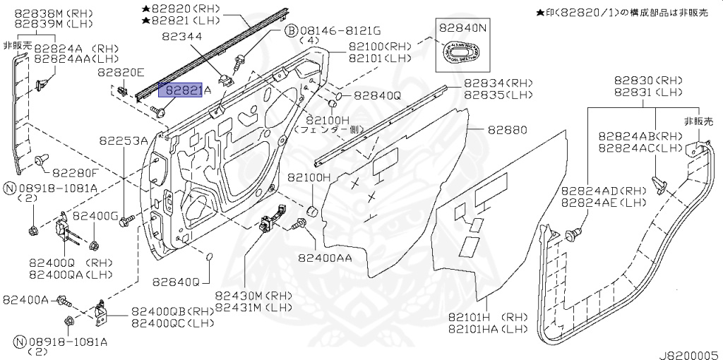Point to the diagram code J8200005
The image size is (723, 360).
pyautogui.click(x=688, y=354)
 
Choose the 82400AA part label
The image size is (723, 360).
pyautogui.click(x=325, y=258)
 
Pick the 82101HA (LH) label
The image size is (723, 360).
pyautogui.click(x=486, y=329)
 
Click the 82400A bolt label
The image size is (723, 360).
pyautogui.click(x=25, y=300)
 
